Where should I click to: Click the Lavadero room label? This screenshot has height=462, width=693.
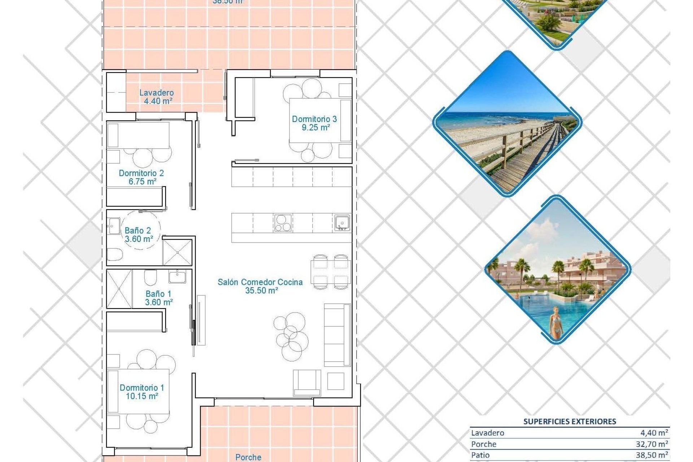[x=156, y=93]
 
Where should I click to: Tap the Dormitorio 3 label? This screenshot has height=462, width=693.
[x=314, y=119]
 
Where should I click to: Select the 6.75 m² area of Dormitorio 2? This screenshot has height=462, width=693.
[x=142, y=182]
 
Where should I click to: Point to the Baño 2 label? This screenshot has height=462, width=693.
[x=138, y=230]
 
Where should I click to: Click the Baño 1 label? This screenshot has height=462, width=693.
[x=158, y=294]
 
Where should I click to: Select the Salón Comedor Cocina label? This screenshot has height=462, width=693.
[x=260, y=282]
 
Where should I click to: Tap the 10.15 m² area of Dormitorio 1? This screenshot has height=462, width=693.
[x=141, y=396]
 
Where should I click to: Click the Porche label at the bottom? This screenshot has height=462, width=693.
[x=248, y=457]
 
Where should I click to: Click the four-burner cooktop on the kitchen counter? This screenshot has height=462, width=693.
[x=283, y=223]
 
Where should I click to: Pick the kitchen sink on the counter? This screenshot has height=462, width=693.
[x=341, y=223]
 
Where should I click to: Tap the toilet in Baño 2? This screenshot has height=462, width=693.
[x=115, y=254]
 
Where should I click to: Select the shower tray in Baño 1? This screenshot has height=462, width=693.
[x=119, y=289]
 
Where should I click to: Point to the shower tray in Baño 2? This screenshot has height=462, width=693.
[x=177, y=252]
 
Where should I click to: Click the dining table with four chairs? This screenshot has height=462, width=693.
[x=330, y=272]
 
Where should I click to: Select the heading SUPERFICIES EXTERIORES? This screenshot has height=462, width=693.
[x=570, y=421]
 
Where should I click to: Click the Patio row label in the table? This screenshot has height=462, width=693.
[x=480, y=455]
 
